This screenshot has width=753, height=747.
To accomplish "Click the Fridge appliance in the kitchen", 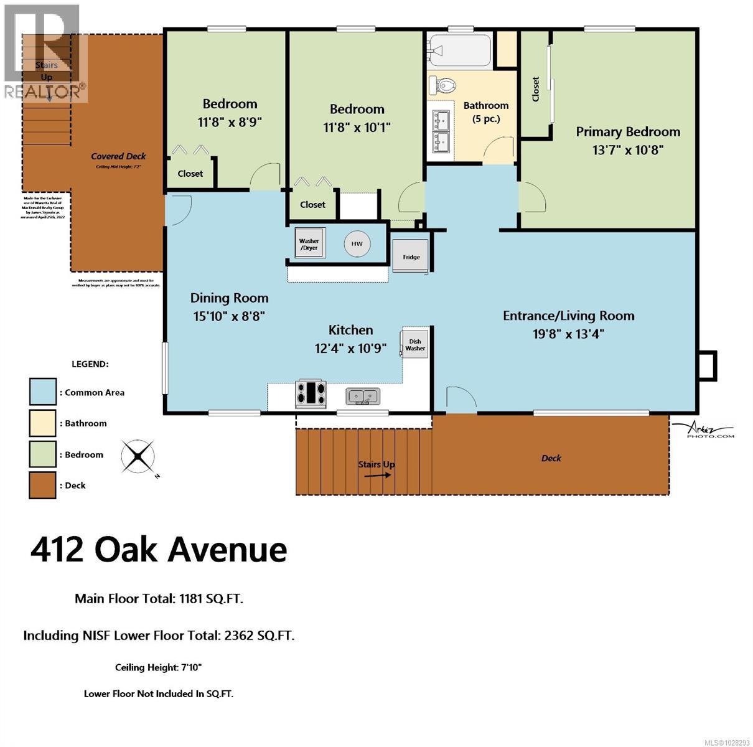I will click(x=411, y=256).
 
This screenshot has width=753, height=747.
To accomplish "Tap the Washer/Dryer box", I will click(x=309, y=244).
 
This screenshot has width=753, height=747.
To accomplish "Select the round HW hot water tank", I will click(x=357, y=244).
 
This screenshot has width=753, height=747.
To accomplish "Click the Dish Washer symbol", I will click(x=415, y=344).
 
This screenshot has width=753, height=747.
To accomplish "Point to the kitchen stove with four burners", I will click(x=311, y=393).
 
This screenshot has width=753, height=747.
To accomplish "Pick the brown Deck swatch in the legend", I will click(x=42, y=485).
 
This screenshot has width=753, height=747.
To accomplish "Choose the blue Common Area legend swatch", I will click(x=42, y=392).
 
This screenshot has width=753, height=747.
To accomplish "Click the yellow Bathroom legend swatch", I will click(x=42, y=423).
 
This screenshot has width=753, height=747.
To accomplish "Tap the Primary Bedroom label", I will click(x=627, y=132).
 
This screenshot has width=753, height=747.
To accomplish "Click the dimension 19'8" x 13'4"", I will click(x=568, y=334).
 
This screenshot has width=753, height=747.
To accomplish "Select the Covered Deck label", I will click(x=118, y=156).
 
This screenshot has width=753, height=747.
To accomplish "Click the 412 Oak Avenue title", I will click(x=159, y=550).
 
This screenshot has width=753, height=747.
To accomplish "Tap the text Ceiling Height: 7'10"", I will click(x=159, y=667).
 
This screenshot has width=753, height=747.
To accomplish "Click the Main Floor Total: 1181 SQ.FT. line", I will click(x=159, y=599).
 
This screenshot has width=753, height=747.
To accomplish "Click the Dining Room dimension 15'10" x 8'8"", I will click(x=229, y=316).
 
